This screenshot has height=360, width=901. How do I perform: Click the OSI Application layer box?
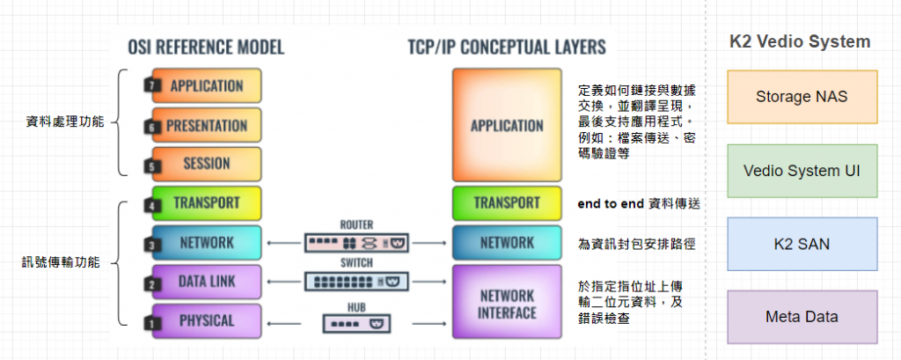coord(207,86)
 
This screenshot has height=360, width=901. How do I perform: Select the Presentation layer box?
coord(207,125)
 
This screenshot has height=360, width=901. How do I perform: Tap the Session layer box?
coord(207,164)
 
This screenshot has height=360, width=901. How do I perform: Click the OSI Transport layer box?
coord(207,202)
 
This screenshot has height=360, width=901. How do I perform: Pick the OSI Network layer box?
coord(207,242)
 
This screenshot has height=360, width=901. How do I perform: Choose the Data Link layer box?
coord(207,282)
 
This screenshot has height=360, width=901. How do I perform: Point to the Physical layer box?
coord(207,320)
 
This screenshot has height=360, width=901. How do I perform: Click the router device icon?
coord(357,242)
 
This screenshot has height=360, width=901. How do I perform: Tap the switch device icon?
coord(357,282)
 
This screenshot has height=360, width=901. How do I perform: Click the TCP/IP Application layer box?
coord(506,125)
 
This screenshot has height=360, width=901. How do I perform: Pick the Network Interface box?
coord(506,303)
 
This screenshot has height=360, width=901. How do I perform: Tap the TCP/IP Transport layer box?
coord(506,202)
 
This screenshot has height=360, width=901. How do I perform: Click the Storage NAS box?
coord(802,96)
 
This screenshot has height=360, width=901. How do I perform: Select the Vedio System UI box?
coord(802,170)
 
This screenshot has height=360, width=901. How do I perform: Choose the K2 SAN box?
coord(802,244)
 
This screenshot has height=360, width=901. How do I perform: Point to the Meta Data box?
coord(802,317)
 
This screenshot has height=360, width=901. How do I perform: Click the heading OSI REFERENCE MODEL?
coord(207,47)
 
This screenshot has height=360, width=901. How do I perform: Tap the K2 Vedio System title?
coord(800,41)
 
